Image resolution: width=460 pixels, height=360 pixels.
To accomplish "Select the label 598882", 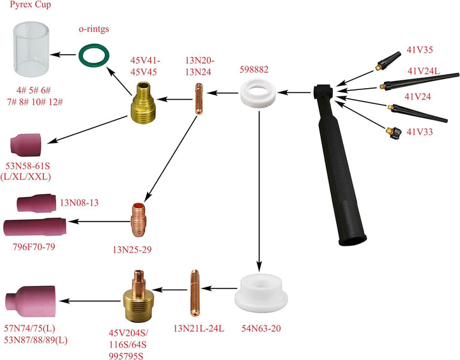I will pos(254,69).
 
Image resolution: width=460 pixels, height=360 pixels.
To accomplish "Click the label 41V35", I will pos(420,49).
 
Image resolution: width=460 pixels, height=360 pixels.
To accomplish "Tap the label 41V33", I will pos(420,131).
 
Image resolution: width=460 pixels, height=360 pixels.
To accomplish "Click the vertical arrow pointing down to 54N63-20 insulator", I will pos(259,191).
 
